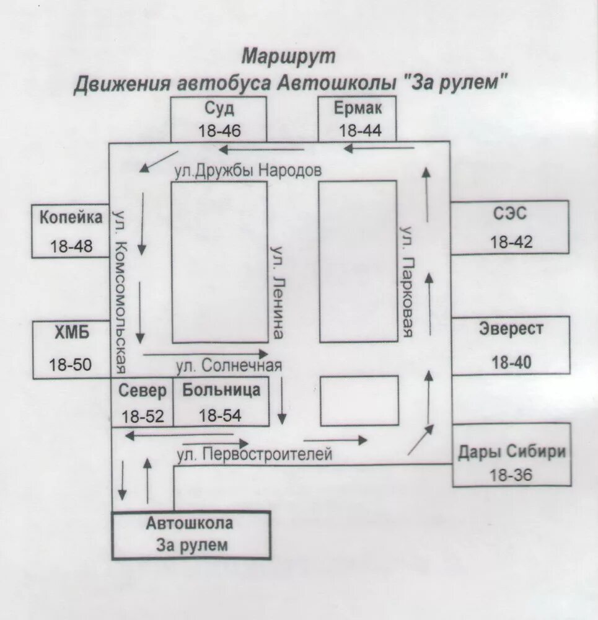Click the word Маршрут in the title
(288, 56)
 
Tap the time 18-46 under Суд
(220, 131)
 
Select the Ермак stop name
(359, 109)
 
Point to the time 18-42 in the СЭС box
(511, 242)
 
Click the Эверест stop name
(511, 329)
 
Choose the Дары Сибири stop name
(512, 451)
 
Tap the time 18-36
(511, 475)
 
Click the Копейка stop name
(71, 218)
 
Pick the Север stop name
(143, 391)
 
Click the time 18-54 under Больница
(221, 416)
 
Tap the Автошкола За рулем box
(191, 534)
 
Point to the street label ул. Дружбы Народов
(248, 171)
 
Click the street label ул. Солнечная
(229, 366)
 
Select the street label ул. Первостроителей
(255, 454)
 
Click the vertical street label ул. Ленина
(278, 291)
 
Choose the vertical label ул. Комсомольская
(121, 291)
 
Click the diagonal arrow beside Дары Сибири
(421, 440)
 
